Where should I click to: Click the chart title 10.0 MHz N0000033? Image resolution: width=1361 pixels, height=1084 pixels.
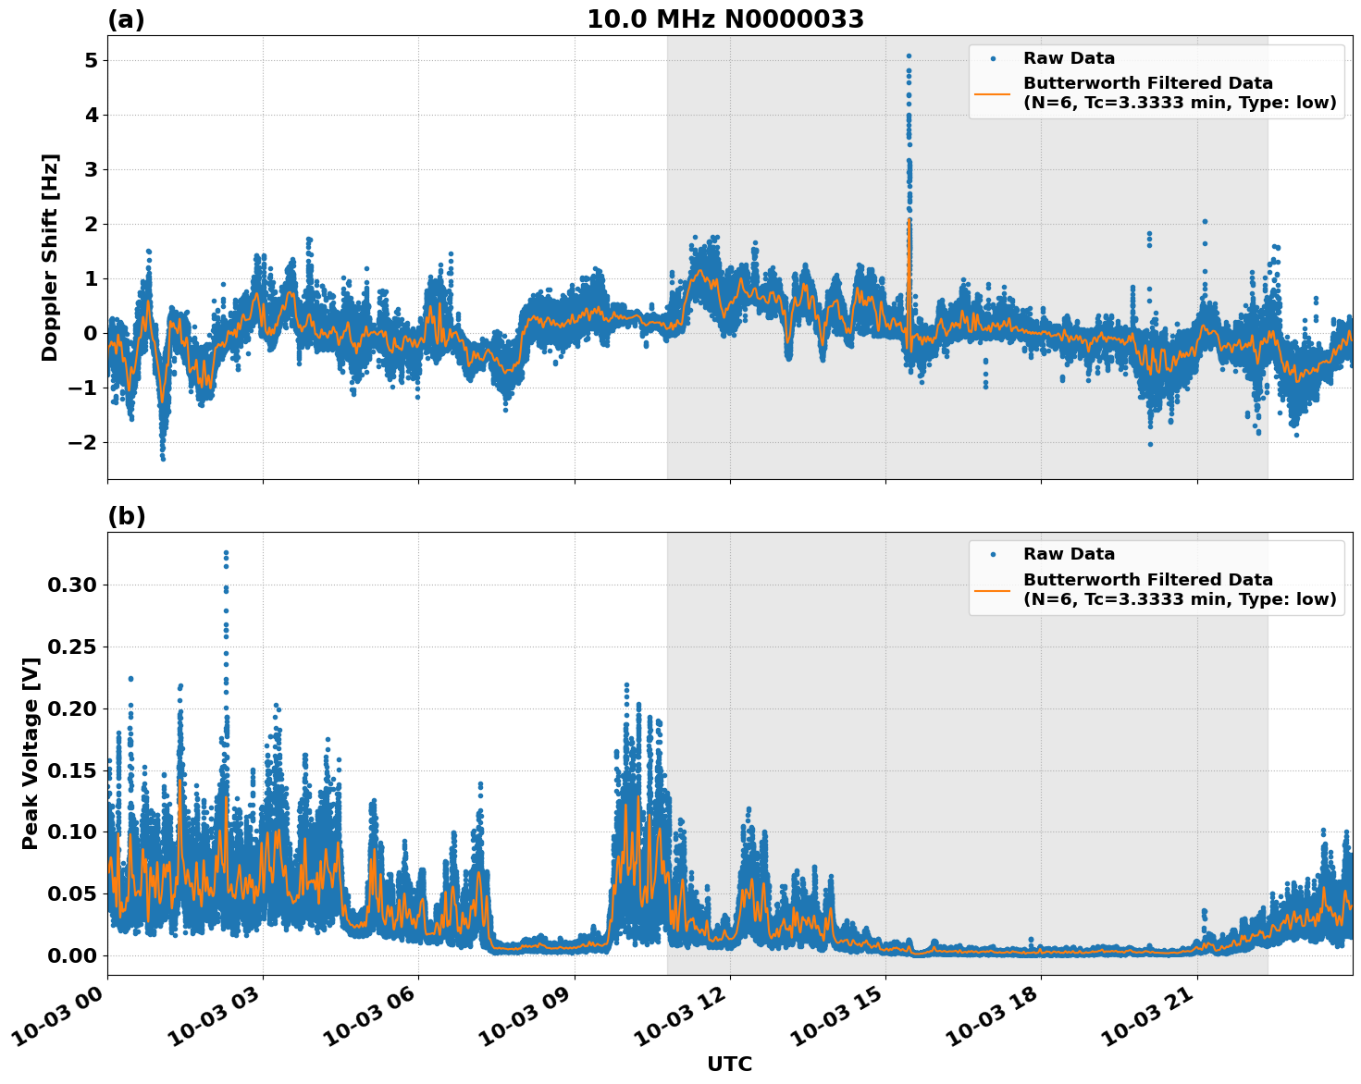724,19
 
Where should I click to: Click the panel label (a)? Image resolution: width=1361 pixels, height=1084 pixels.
126,19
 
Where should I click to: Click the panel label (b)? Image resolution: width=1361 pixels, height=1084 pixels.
127,516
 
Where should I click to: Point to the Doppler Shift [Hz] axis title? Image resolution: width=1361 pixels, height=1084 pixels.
50,257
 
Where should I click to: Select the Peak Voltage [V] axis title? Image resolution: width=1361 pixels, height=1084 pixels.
31,753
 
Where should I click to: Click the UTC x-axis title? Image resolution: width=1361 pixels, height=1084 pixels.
729,1064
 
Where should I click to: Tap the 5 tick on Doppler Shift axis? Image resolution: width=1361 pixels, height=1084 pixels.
91,61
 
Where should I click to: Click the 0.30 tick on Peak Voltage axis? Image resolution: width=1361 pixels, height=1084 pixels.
72,585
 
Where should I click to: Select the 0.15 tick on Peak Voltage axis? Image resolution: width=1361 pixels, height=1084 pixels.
72,770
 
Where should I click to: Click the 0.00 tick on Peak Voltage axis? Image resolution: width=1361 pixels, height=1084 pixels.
72,955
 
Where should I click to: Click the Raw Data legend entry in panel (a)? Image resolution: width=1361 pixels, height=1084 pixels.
1069,58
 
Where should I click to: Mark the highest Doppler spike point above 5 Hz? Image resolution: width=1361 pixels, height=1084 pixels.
909,55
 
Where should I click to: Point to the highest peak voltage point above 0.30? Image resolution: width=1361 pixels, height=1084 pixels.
226,553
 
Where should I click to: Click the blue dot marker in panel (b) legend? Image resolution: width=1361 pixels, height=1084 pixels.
993,555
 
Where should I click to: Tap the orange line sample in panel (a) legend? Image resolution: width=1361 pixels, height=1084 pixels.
993,92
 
